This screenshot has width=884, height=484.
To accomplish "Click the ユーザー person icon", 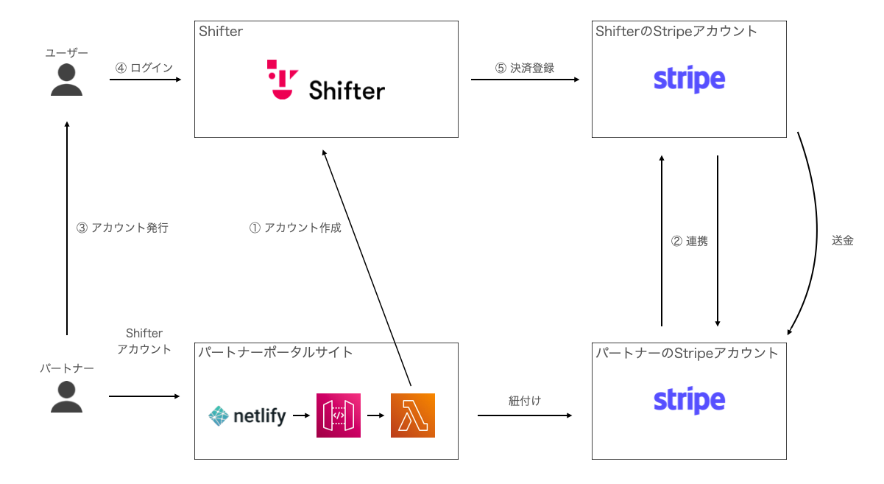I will pos(66,80).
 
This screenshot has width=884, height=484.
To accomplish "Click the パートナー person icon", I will pos(66,396).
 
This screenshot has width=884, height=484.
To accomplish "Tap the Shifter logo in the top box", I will pos(325,81).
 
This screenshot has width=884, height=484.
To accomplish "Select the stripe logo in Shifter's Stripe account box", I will pos(689,80).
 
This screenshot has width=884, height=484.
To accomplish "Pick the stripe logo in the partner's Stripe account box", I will pos(689,401).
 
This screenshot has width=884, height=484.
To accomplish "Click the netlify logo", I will pos(247,416).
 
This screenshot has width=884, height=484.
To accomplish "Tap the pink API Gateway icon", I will pos(339,415).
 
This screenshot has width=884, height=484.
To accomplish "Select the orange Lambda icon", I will pos(413,415).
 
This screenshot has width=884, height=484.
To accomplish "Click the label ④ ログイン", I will pos(144,68).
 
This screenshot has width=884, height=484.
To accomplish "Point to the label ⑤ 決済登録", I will pos(524,68).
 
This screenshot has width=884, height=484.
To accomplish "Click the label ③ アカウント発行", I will pos(122,228).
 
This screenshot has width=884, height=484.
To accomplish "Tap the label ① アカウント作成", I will pos(295,228).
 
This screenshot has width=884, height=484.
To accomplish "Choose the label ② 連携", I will pos(690,241).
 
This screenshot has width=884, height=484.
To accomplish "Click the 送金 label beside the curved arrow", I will pos(842,240).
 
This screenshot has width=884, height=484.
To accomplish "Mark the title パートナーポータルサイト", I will pos(275,352).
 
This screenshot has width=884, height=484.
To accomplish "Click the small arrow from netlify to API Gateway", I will pos(300,415).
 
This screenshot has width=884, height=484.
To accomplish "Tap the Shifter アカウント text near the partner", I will pos(144,342).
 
